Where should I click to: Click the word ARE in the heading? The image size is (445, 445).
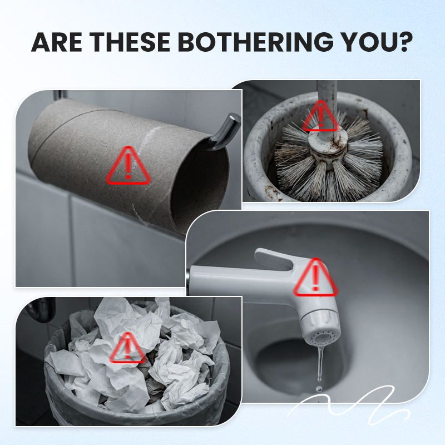coord(57,42)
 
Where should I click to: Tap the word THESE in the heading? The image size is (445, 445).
coord(130,42)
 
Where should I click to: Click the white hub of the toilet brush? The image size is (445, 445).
coord(328,144)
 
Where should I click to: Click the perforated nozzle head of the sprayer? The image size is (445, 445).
coord(322,338)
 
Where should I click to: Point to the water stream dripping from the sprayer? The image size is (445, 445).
coord(320,363)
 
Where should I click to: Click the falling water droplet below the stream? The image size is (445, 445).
coord(319,388)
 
